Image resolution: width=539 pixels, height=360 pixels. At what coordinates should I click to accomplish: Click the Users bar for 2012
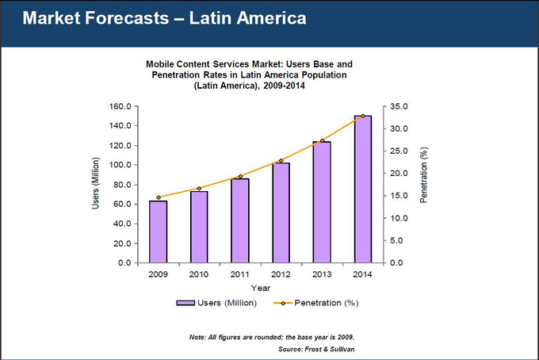tap(281, 213)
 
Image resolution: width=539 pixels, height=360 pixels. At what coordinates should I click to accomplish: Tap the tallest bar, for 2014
tap(362, 190)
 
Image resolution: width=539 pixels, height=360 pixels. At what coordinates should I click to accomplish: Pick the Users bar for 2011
tap(239, 220)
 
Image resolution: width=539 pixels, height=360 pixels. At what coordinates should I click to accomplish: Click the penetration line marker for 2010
tap(199, 189)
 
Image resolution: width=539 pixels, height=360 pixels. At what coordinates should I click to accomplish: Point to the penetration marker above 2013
tap(322, 141)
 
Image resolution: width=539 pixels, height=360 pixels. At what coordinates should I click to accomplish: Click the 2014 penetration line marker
tap(362, 116)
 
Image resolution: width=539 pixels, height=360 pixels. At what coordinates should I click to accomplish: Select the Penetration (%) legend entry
tap(316, 304)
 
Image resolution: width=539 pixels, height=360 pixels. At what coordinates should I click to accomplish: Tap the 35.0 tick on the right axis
tap(399, 106)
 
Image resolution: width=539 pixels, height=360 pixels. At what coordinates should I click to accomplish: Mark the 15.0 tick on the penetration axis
tap(399, 196)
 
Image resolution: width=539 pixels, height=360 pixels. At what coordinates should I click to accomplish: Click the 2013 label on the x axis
tap(322, 274)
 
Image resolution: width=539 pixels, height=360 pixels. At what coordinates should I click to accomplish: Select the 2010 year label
tap(199, 274)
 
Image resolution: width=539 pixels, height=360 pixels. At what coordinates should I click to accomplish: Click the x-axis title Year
tap(261, 288)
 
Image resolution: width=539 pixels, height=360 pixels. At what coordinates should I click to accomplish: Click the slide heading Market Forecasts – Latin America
tap(164, 18)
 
